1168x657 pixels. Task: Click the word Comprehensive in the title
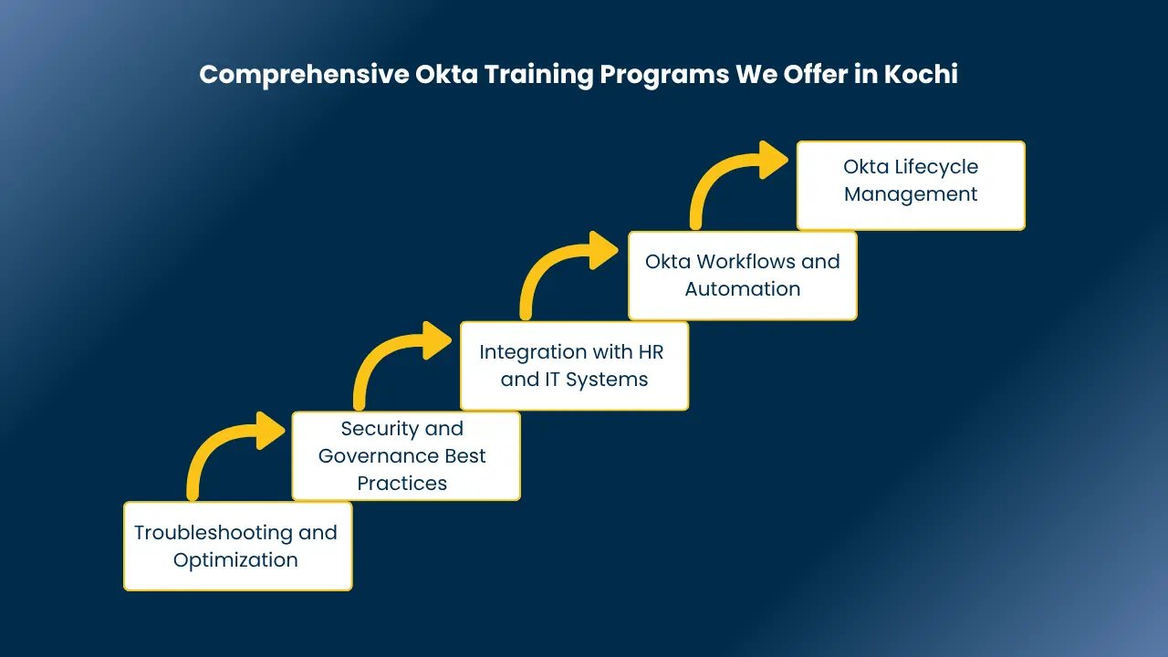tap(304, 75)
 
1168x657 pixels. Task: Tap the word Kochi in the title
tap(921, 74)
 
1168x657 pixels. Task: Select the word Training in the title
tap(538, 75)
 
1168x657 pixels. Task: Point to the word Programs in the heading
tap(664, 75)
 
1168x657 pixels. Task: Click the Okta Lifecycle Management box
tap(911, 185)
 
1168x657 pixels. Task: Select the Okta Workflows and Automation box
tap(743, 276)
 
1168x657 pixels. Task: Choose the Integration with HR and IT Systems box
tap(574, 366)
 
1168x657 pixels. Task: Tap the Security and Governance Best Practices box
tap(406, 455)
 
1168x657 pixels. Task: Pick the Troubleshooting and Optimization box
tap(238, 546)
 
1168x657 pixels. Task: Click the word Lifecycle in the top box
tap(936, 167)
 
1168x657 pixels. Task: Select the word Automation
tap(743, 289)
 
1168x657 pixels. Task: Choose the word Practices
tap(402, 484)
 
